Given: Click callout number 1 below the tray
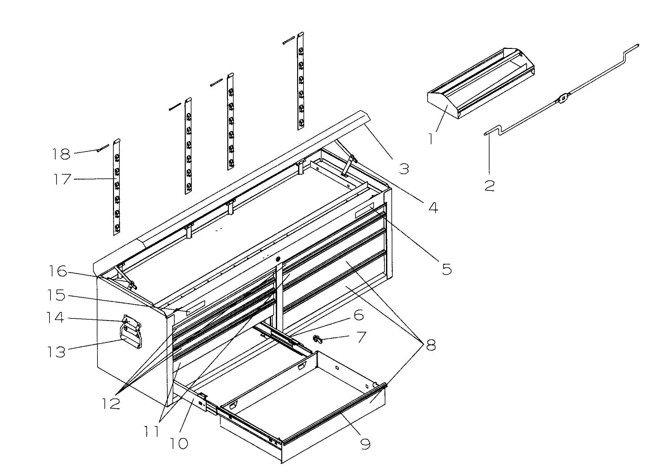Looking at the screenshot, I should pos(431,139).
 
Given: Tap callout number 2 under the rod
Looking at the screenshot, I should pos(489,185).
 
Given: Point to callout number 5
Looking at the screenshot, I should pos(446,269).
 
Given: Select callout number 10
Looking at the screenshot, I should pos(179,444).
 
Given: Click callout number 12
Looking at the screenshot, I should pos(111,404).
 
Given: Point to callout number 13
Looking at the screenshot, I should pos(56,352).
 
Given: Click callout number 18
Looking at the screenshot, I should pos(61,154).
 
